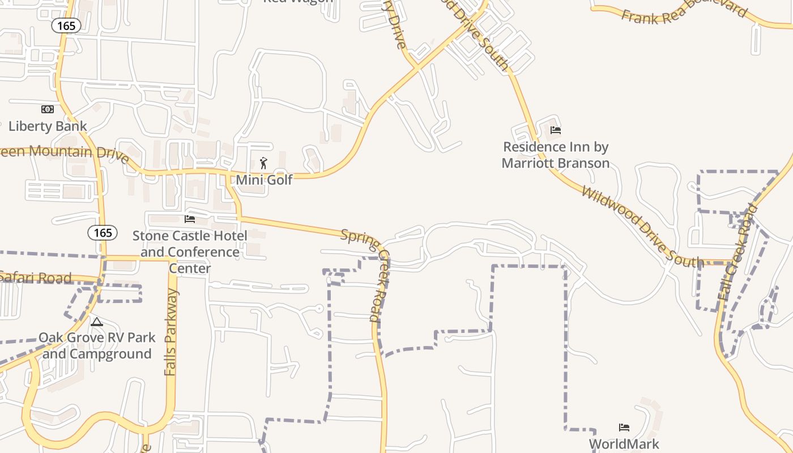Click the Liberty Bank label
pos(48,126)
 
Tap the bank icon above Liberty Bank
pos(48,109)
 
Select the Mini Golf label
pos(264,180)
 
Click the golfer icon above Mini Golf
pos(263,164)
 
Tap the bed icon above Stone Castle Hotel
pos(190,219)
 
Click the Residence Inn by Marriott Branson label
pos(556,155)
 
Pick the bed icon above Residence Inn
pos(556,130)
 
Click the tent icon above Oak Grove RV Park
pos(97,322)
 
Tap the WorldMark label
pos(624,443)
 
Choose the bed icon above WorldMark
pos(624,427)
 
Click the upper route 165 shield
pos(66,25)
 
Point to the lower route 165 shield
pos(103,232)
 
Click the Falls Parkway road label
pos(171,332)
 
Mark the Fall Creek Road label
pos(737,252)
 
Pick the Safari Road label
pos(35,277)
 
